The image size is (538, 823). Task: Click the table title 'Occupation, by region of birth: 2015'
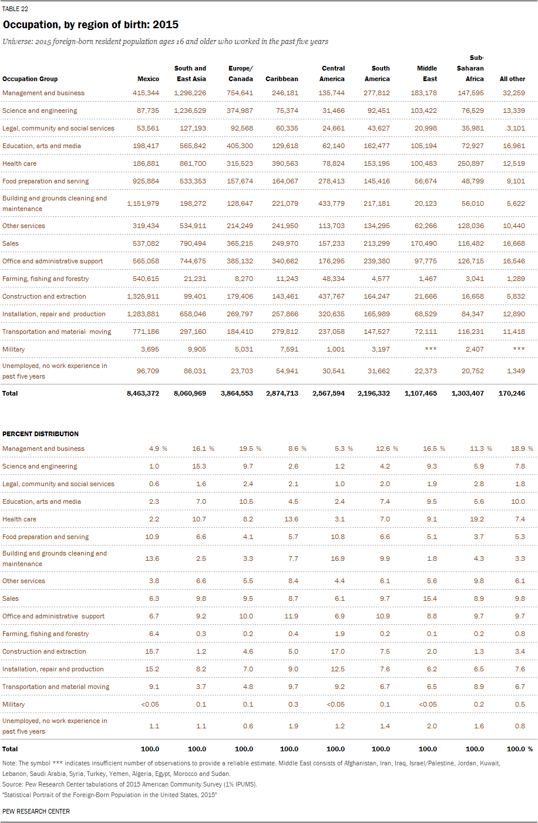click(x=90, y=25)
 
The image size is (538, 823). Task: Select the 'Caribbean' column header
click(x=282, y=79)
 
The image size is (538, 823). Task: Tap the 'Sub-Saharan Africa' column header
click(x=470, y=68)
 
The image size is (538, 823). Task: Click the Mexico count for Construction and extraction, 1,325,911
click(x=143, y=296)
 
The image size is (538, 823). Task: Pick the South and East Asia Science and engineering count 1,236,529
click(x=190, y=111)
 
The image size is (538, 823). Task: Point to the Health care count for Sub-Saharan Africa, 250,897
click(x=470, y=163)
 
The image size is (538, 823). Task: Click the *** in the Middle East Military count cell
click(x=431, y=349)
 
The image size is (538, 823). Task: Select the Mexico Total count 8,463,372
click(x=143, y=393)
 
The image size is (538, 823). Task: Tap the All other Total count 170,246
click(x=512, y=393)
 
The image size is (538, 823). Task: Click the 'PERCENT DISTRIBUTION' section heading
click(x=41, y=434)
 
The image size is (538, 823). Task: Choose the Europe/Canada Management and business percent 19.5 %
click(x=250, y=449)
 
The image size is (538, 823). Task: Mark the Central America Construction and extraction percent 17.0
click(x=338, y=651)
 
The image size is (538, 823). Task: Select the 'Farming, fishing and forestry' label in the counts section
click(x=45, y=279)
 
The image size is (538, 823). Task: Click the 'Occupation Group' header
click(x=30, y=79)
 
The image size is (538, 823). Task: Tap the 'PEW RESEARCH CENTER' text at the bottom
click(x=36, y=811)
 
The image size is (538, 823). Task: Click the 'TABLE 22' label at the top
click(x=15, y=9)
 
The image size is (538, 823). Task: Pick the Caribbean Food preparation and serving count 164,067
click(x=285, y=181)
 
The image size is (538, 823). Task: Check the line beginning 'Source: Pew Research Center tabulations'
click(x=130, y=784)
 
